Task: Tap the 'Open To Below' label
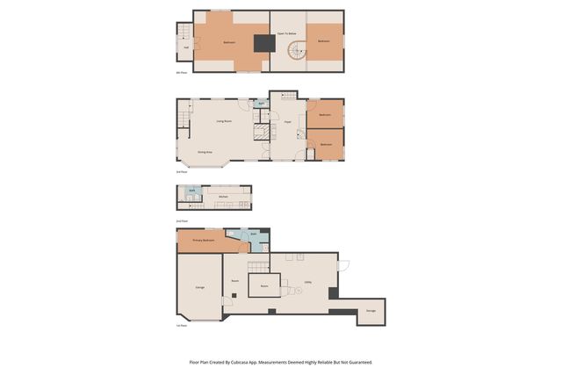[x=287, y=33]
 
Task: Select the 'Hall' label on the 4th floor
[x=185, y=47]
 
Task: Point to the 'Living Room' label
[x=224, y=121]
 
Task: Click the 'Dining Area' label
[x=205, y=152]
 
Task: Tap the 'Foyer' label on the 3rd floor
[x=287, y=122]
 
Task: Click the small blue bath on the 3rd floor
[x=261, y=104]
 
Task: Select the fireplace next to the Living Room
[x=261, y=132]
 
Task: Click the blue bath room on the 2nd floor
[x=192, y=191]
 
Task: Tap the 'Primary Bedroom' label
[x=203, y=240]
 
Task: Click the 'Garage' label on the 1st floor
[x=199, y=287]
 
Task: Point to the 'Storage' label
[x=371, y=311]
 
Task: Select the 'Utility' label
[x=308, y=282]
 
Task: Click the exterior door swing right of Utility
[x=343, y=265]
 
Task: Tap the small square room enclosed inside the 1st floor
[x=264, y=286]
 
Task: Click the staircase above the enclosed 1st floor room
[x=256, y=266]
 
